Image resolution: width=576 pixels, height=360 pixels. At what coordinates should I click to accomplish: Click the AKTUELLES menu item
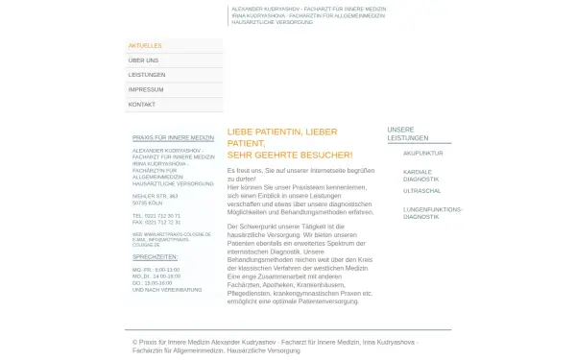pos(145,45)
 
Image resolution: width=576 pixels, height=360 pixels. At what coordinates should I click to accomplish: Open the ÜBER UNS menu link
pos(143,60)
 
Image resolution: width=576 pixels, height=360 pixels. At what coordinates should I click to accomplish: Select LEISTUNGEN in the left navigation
pos(147,74)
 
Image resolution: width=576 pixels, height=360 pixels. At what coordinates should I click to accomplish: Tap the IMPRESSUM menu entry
pos(146,89)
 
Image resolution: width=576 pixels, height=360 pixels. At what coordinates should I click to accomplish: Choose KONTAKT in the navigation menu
pos(142,104)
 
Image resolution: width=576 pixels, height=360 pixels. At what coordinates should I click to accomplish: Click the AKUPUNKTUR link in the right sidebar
pos(423,153)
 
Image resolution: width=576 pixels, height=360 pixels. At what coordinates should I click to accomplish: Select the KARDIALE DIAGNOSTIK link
pos(421,175)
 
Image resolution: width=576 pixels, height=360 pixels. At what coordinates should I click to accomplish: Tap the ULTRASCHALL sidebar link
pos(422,191)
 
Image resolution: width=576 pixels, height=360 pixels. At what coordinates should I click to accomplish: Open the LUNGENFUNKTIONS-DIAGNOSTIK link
pos(433,212)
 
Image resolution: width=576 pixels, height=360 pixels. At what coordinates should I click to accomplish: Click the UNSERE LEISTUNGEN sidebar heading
pos(401,133)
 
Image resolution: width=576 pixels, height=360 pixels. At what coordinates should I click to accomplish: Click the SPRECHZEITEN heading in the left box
pos(155,257)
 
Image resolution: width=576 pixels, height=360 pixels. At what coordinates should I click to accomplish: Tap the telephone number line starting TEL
pos(156,216)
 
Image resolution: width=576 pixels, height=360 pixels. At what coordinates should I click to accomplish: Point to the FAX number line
pos(156,222)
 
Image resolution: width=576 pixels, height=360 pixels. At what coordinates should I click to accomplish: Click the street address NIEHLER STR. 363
pos(155,196)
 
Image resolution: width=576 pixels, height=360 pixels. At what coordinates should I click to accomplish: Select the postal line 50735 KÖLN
pos(148,202)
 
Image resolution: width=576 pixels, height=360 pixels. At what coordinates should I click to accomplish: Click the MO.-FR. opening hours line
pos(156,269)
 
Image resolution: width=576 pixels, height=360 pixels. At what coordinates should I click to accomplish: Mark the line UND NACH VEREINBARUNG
pos(167,289)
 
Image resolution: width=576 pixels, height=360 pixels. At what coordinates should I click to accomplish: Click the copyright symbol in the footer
pos(135,342)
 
